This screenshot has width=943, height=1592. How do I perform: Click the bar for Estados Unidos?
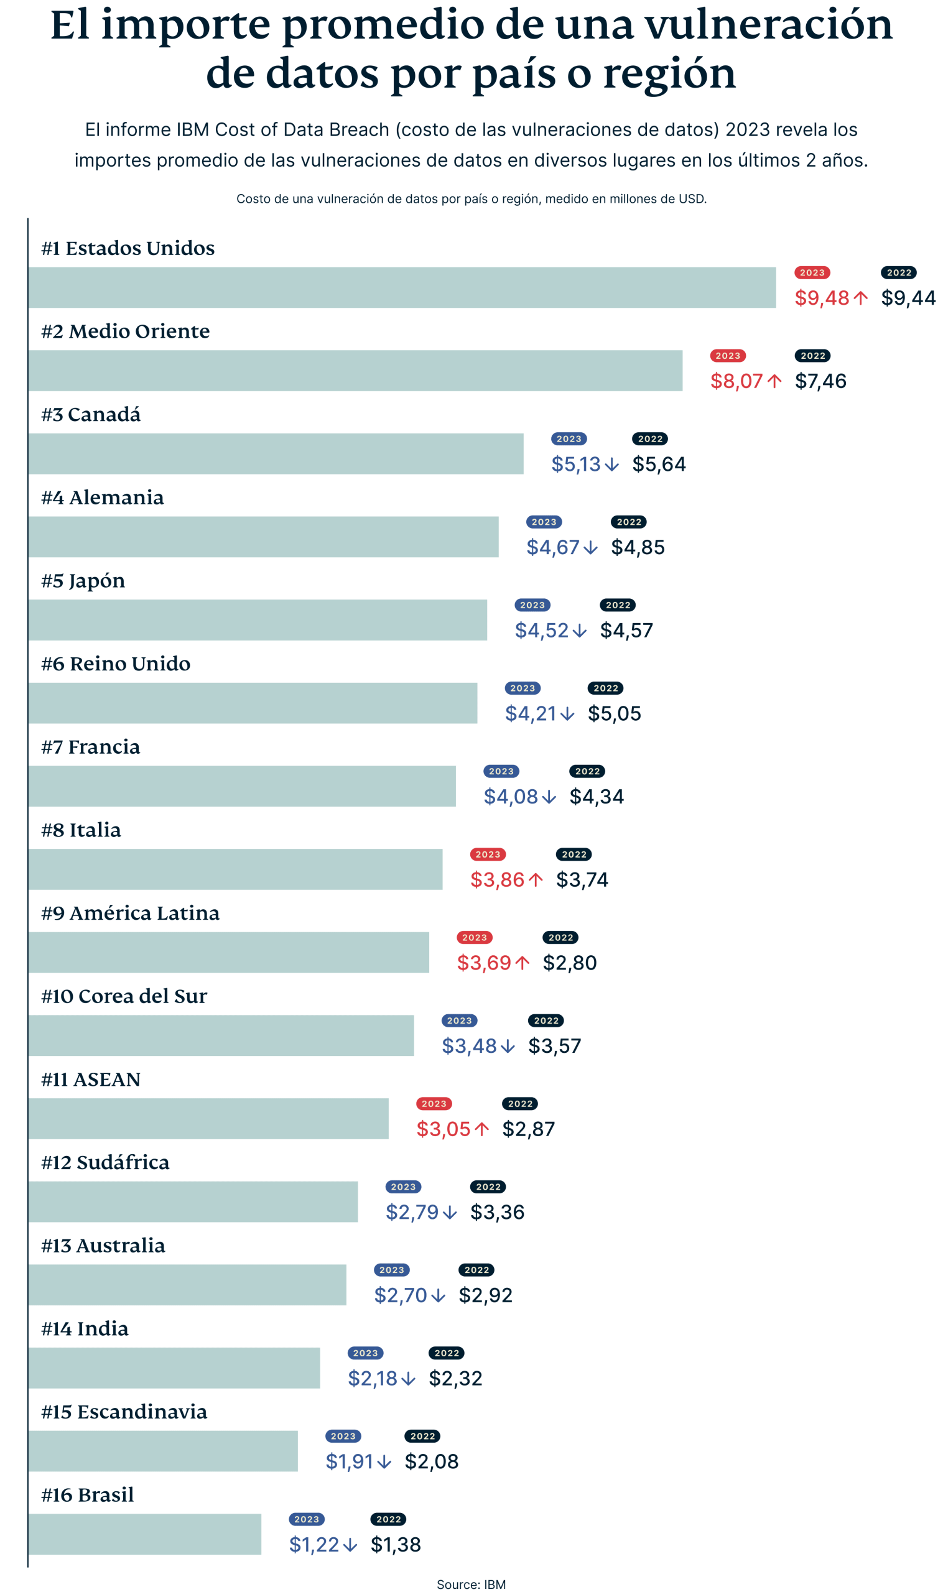(402, 287)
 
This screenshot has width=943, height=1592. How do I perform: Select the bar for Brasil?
(145, 1534)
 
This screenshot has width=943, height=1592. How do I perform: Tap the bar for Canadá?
(276, 453)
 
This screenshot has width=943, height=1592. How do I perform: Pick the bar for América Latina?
(229, 951)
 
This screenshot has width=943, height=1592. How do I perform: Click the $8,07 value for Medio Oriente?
(736, 381)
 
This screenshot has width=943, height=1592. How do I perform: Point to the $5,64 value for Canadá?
(658, 465)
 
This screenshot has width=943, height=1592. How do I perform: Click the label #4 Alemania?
(102, 497)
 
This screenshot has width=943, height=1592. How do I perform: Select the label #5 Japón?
(83, 581)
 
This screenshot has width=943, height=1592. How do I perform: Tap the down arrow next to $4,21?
(567, 714)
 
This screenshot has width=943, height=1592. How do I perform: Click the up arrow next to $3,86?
(536, 880)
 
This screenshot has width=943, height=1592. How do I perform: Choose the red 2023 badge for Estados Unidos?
(812, 272)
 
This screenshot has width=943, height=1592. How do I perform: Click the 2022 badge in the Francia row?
(587, 771)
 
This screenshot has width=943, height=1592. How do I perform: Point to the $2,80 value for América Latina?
(569, 963)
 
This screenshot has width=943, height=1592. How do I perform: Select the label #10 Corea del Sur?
(124, 996)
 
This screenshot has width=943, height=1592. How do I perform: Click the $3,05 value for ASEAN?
(443, 1129)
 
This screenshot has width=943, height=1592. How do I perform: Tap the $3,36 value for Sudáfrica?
(497, 1212)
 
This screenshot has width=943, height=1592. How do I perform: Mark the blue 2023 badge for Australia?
(391, 1270)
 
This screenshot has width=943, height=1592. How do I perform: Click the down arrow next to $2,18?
(409, 1379)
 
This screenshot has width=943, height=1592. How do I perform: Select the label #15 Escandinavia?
(124, 1412)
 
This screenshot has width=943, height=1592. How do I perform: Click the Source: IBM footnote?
(471, 1584)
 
